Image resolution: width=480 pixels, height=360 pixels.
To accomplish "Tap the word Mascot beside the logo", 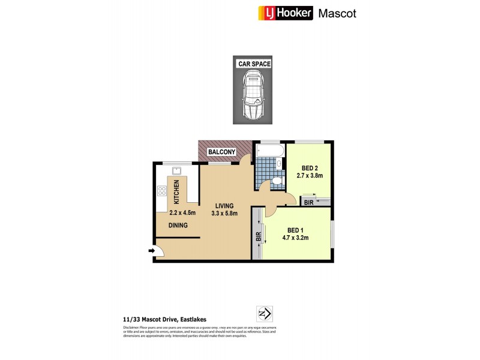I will tap(337, 13).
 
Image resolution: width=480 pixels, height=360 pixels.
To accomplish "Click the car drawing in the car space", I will tap(253, 96).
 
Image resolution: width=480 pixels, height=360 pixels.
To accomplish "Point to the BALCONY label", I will tap(221, 152).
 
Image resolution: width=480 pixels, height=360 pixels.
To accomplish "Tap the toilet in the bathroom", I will tap(276, 181).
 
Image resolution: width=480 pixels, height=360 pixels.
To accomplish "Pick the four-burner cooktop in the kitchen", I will tap(161, 192).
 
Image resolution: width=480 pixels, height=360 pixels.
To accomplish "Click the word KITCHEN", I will tap(177, 191).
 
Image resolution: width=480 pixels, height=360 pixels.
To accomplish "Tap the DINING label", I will tap(178, 226).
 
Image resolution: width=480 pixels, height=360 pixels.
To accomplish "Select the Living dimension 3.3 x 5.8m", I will tap(225, 213).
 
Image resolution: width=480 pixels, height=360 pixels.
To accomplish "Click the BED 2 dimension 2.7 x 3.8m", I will tap(310, 176).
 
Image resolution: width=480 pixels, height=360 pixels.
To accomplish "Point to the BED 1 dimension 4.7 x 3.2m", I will tap(298, 238).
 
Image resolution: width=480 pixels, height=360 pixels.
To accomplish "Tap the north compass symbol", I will tap(265, 313).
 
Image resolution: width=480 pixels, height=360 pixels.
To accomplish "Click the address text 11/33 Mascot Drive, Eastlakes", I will tap(160, 320).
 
